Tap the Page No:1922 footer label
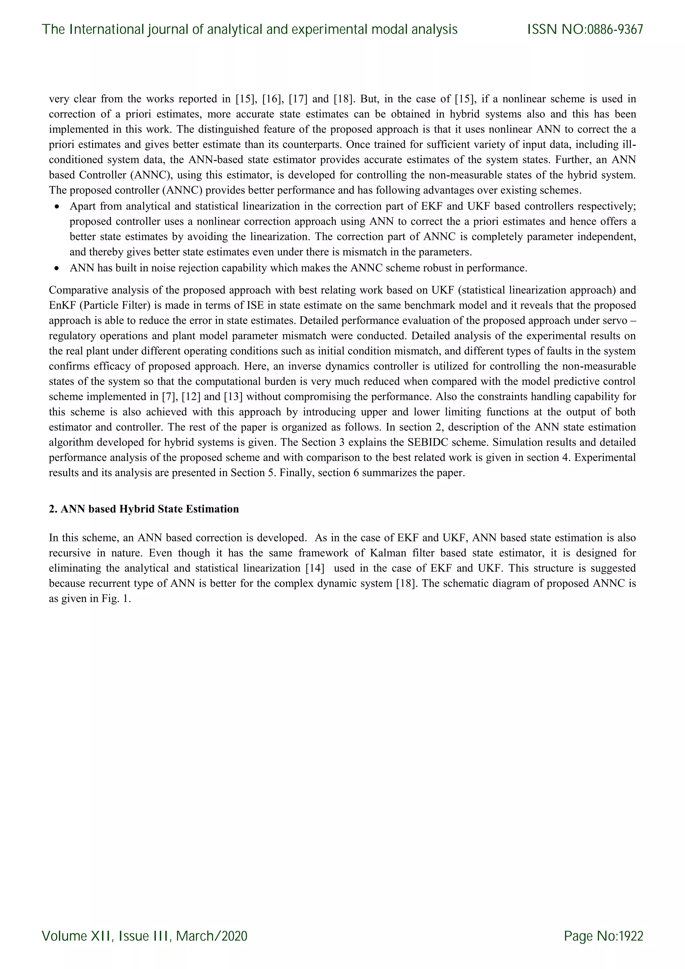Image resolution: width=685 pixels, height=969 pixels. coord(603,936)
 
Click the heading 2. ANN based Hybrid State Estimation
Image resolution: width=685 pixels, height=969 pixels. coord(144,509)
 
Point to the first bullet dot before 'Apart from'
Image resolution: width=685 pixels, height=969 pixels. coord(57,207)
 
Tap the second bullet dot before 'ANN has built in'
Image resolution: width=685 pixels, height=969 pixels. coord(57,268)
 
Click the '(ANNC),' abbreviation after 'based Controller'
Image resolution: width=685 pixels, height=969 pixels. coord(152,175)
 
